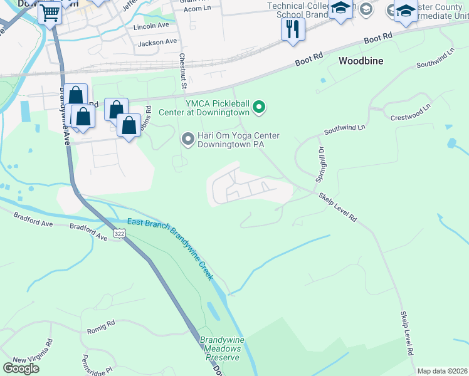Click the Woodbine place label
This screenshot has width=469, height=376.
coord(361,61)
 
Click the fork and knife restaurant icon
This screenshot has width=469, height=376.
coord(293,29)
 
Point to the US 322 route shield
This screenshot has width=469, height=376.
coord(119,233)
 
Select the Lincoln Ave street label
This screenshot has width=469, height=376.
coord(151,28)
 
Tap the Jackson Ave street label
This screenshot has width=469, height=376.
coord(157,43)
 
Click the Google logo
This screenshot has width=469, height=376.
coord(21,368)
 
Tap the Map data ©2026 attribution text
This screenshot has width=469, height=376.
coord(442,371)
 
